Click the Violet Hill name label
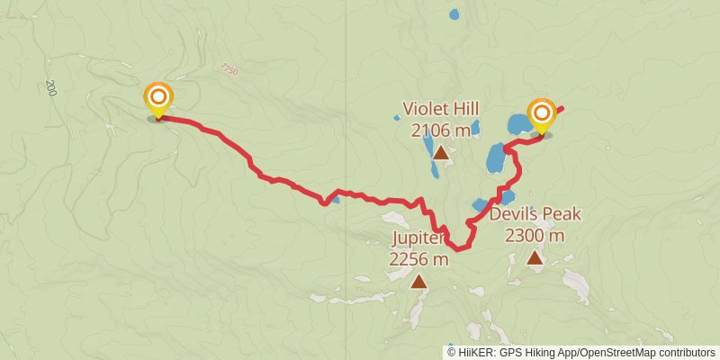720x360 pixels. point(441,109)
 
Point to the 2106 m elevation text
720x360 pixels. point(441,130)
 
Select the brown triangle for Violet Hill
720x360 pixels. point(441,153)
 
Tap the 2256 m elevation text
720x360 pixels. point(418,259)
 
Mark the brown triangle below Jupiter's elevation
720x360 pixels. point(418,282)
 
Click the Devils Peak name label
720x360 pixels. point(535,214)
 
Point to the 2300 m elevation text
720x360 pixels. point(535,236)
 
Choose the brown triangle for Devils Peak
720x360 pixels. point(535,258)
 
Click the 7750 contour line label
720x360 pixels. point(228,68)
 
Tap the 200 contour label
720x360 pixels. point(51,88)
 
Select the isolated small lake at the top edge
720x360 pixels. point(454,14)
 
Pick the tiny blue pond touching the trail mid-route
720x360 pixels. point(335,200)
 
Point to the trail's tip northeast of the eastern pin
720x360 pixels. point(562,108)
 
